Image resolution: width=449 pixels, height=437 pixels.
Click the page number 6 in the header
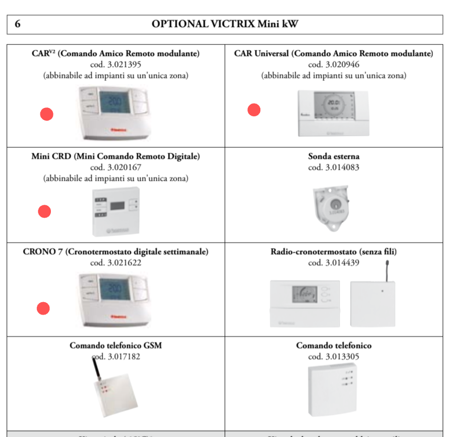point(17,24)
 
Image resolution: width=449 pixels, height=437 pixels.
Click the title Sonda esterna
point(333,156)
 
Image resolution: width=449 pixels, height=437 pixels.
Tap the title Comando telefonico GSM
point(116,346)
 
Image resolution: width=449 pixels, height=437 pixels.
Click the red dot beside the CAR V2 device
point(47,114)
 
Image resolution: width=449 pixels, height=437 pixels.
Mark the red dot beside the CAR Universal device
point(254,110)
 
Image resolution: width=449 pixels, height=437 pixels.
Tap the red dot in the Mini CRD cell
point(44,211)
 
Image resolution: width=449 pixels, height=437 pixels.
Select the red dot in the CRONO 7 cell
point(43,309)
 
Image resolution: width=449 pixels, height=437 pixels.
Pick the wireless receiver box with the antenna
point(373,303)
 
